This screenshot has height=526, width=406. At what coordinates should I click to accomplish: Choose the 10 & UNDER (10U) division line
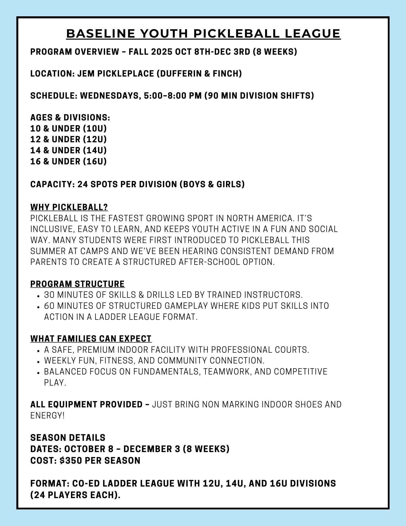click(68, 129)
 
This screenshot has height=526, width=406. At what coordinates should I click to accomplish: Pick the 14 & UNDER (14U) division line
click(68, 150)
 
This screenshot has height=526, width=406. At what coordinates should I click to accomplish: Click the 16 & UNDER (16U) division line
click(68, 161)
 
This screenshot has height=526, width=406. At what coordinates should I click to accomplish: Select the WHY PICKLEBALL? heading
click(69, 207)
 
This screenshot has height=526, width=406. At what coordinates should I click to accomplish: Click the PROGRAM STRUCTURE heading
click(78, 284)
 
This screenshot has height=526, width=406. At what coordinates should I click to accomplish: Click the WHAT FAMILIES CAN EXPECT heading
click(91, 339)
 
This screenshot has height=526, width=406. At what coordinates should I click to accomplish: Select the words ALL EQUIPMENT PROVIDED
click(86, 404)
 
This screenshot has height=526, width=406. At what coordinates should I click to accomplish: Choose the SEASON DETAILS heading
click(68, 438)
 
